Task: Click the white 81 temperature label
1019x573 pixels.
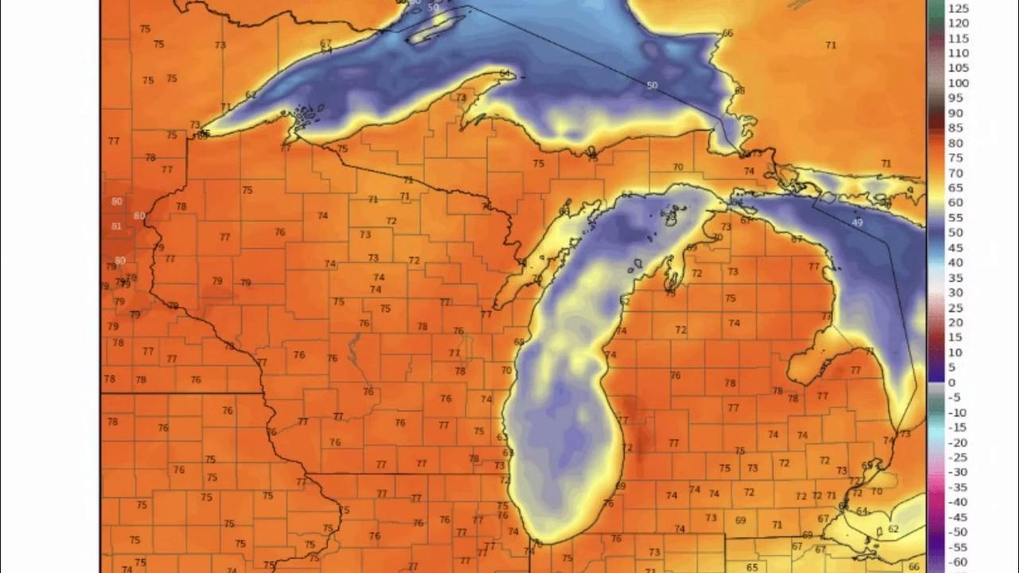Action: (116, 227)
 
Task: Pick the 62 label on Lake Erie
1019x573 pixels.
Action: (892, 529)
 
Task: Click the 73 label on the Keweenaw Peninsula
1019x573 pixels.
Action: (461, 98)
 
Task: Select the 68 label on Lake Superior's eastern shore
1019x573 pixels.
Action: (740, 91)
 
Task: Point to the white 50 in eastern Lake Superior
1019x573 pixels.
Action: (653, 85)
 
